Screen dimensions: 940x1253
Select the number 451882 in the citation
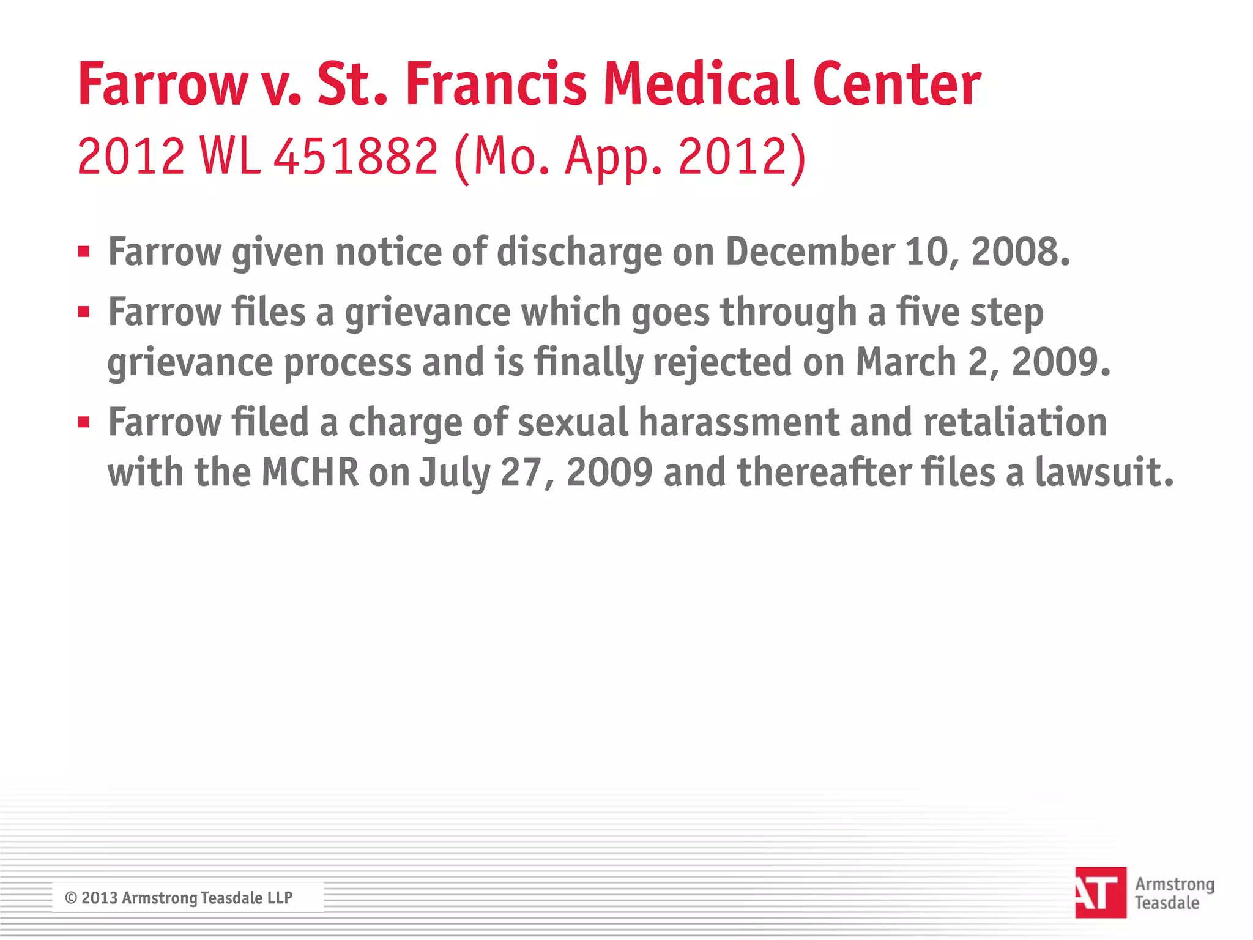(x=355, y=156)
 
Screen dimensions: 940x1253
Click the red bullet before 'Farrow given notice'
(x=84, y=252)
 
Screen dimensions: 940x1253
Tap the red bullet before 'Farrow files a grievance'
(x=84, y=312)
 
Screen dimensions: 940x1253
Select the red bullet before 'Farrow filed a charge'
(x=84, y=422)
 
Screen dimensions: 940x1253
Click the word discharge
(x=579, y=253)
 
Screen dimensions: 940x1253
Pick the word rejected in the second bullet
(x=723, y=363)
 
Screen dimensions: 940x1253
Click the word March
(x=905, y=362)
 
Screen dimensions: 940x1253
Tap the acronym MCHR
(x=310, y=472)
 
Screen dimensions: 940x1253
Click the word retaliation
(x=1015, y=423)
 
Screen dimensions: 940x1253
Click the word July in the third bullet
(x=454, y=474)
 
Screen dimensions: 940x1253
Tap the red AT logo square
(x=1100, y=892)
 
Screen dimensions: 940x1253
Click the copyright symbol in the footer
(x=71, y=898)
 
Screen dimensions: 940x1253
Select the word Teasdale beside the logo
(x=1167, y=903)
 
